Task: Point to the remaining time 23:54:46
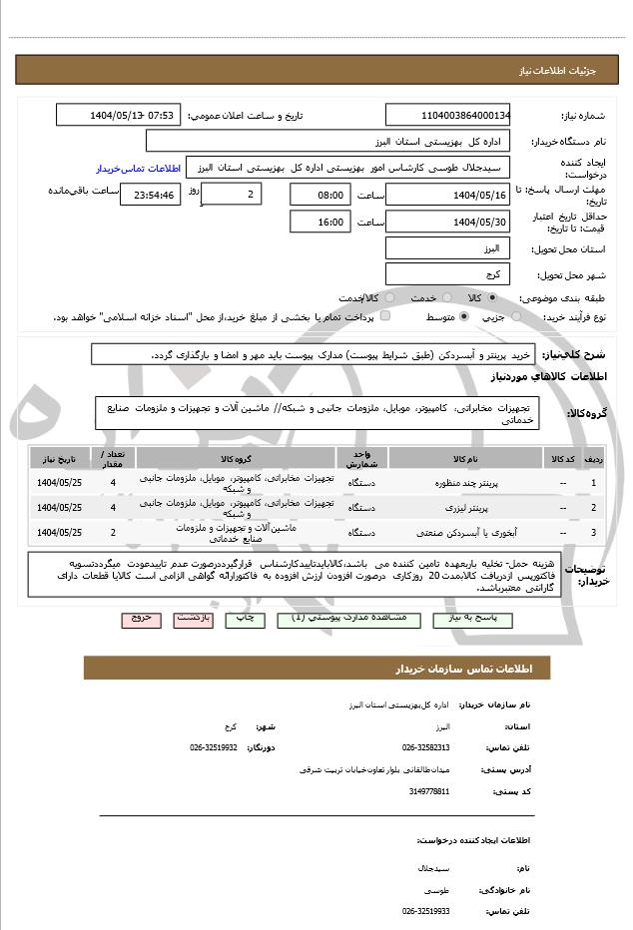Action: (150, 195)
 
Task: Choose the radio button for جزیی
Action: (516, 316)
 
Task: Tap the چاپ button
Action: (243, 619)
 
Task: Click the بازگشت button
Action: (192, 619)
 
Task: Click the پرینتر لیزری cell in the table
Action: (465, 508)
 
